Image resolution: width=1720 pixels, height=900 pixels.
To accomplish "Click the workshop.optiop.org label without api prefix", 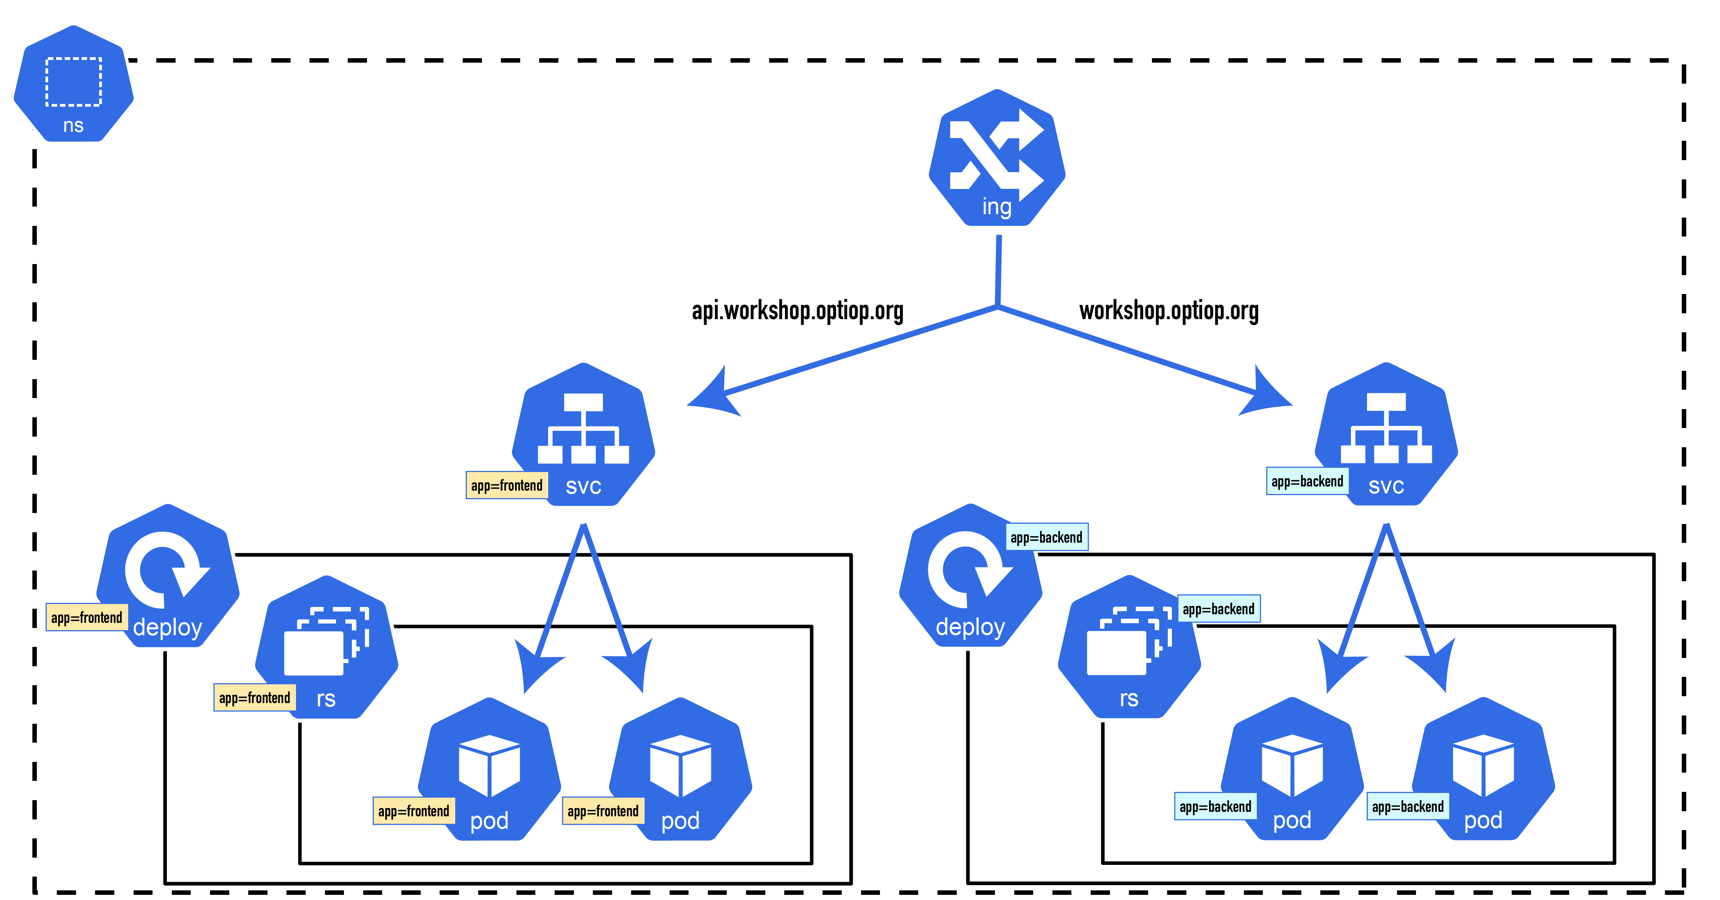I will [x=1168, y=311].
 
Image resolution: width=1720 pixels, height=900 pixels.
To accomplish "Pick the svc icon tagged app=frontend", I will [x=584, y=435].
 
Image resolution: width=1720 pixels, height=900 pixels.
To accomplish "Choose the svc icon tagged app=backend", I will [x=1386, y=435].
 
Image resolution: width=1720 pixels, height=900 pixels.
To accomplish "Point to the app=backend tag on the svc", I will [x=1307, y=481].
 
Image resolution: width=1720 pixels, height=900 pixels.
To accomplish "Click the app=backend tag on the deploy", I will [x=1046, y=537].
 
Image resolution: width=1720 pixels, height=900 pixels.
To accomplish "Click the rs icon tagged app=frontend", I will [x=326, y=648].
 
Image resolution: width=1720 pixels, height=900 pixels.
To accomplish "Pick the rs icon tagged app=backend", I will [x=1129, y=648].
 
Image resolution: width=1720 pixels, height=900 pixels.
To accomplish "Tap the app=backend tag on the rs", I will [x=1218, y=609].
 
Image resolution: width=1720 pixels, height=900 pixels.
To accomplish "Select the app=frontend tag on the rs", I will [x=254, y=698].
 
